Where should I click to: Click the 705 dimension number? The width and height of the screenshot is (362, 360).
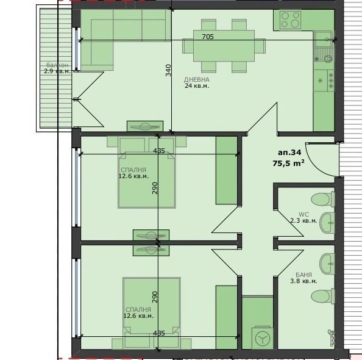[x=208, y=37]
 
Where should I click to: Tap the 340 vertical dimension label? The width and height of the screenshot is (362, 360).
[x=169, y=70]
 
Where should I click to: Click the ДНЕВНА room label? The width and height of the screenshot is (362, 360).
[x=197, y=79]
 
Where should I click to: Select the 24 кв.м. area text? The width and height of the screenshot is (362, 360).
[x=197, y=86]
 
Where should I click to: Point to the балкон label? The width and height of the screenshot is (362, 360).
[x=57, y=65]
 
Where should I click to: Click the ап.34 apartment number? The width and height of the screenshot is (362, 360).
[x=289, y=153]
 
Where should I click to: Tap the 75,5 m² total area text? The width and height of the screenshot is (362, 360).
[x=288, y=163]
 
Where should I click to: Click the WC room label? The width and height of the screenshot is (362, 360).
[x=303, y=214]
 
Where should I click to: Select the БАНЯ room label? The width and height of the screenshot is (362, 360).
[x=303, y=275]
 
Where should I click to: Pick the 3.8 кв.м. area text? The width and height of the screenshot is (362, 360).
[x=303, y=281]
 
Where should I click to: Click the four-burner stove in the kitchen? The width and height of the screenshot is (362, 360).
[x=290, y=20]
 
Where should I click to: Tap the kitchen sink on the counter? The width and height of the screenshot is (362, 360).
[x=323, y=46]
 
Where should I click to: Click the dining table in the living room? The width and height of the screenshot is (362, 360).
[x=224, y=46]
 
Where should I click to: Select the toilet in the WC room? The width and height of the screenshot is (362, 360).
[x=322, y=199]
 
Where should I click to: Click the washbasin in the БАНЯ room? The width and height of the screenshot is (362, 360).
[x=327, y=264]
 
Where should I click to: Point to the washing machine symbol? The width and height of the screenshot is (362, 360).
[x=262, y=337]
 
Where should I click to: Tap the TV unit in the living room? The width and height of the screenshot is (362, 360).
[x=145, y=126]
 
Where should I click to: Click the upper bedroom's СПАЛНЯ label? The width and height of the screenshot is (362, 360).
[x=133, y=170]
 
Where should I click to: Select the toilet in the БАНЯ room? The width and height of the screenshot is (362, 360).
[x=322, y=296]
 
